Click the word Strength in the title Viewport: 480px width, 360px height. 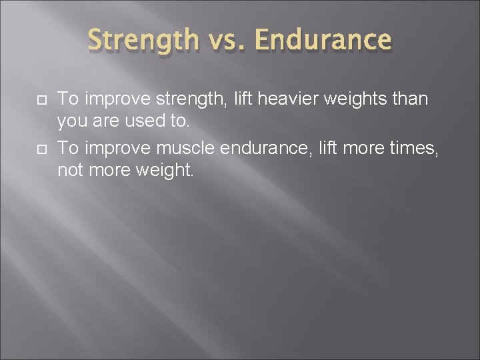(x=143, y=40)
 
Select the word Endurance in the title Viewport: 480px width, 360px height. (x=323, y=40)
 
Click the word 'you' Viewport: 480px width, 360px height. (x=71, y=121)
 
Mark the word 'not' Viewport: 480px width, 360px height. (x=69, y=171)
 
